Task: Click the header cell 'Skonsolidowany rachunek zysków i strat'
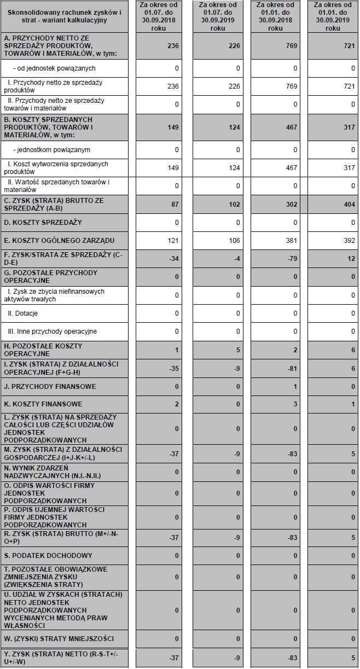pos(65,16)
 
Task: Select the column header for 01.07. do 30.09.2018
pos(158,16)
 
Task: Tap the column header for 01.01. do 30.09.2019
pos(332,16)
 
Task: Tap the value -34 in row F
pos(174,259)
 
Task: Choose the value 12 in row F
pos(351,259)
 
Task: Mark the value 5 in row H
pos(238,350)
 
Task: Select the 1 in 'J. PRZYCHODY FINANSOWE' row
pos(295,387)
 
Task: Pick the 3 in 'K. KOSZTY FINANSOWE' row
pos(295,405)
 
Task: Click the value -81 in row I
pos(292,368)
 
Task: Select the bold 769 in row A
pos(292,46)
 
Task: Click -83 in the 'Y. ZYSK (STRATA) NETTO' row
pos(292,657)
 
